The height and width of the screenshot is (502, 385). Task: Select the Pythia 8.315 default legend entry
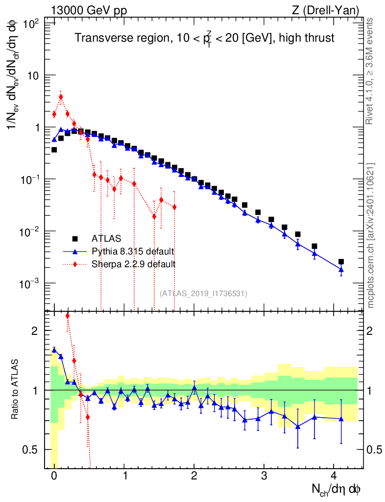pos(133,251)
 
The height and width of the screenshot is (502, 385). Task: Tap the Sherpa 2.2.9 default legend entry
pos(134,264)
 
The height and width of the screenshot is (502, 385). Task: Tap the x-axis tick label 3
pos(264,476)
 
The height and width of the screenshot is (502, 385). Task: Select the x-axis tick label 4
pos(334,476)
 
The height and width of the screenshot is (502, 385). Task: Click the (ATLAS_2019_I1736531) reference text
pos(204,294)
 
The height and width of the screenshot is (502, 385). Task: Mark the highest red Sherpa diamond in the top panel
pos(61,97)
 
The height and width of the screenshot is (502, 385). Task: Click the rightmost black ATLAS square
pos(341,262)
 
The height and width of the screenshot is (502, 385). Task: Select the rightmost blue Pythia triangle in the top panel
pos(341,269)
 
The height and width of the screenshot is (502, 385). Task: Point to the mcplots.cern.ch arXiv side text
pos(371,235)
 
